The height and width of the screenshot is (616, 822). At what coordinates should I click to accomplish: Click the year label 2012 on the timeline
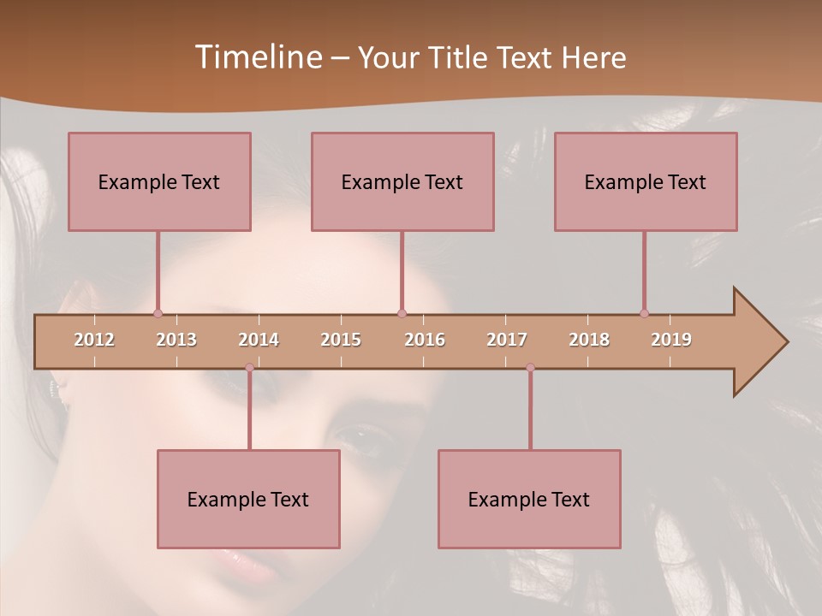point(94,340)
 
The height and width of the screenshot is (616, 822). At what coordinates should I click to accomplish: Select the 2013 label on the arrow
point(176,340)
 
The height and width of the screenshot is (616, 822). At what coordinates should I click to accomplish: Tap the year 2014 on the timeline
point(259,340)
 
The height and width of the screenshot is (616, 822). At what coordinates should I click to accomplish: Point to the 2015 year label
point(341,340)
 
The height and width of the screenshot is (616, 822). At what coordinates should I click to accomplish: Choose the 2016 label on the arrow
point(425,340)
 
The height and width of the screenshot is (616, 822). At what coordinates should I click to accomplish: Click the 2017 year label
point(507,340)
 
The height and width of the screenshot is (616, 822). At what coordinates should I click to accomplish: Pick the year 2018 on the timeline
point(589,340)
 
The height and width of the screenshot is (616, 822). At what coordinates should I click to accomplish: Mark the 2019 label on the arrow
point(671,340)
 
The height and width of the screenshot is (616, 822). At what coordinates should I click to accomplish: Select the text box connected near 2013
point(159,181)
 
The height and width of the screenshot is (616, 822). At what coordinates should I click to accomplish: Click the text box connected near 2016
point(402,181)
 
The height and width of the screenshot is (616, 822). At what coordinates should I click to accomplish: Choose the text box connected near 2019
point(646,181)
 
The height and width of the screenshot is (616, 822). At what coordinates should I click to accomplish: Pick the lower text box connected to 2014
point(248,499)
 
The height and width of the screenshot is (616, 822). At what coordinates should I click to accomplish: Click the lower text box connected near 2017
point(529,499)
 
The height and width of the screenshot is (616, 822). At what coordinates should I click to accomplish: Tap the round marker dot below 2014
point(249,368)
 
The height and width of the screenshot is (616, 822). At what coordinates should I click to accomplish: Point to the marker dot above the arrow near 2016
point(402,313)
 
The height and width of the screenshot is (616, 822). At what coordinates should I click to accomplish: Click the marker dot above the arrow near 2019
point(644,313)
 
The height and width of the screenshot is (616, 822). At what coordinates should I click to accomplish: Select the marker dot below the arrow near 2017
point(530,368)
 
